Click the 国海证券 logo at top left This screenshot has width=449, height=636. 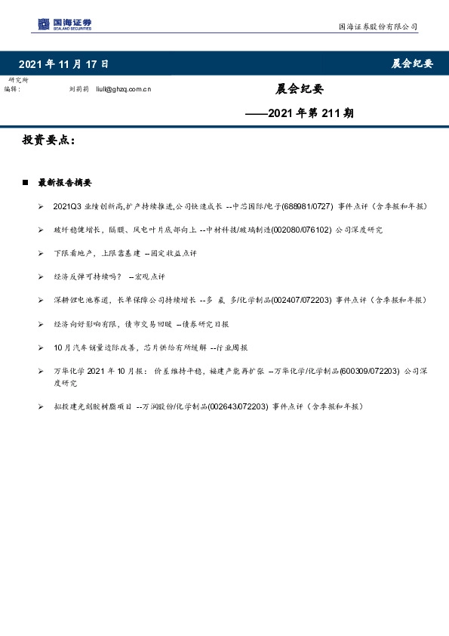(65, 24)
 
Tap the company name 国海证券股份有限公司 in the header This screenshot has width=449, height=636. (377, 26)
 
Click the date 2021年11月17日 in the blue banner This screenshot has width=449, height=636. (63, 63)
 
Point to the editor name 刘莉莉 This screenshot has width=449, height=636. (78, 89)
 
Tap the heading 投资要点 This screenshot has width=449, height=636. (48, 141)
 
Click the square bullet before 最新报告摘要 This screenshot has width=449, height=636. (26, 183)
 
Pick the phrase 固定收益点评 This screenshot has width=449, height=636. (173, 253)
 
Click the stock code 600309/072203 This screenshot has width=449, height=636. (369, 371)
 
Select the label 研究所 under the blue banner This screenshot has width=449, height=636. (17, 80)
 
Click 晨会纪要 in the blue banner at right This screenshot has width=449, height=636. (412, 63)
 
